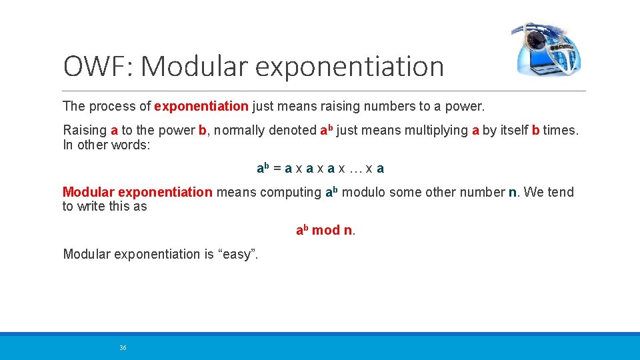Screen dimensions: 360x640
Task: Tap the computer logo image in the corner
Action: (x=546, y=49)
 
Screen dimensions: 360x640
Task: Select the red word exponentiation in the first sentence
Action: (x=201, y=106)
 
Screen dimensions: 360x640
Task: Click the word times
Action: (x=561, y=130)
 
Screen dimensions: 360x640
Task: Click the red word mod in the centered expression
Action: (x=326, y=230)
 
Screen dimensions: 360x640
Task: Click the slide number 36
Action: (x=123, y=348)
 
